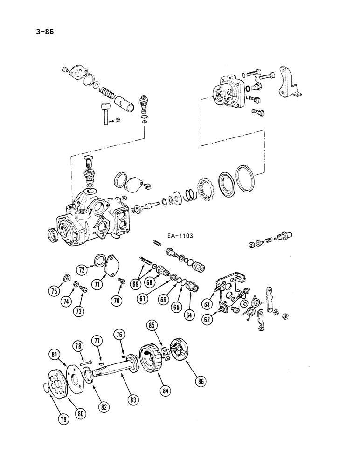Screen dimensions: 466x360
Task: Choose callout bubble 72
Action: (x=82, y=270)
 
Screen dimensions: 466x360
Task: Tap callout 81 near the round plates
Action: (x=55, y=356)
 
